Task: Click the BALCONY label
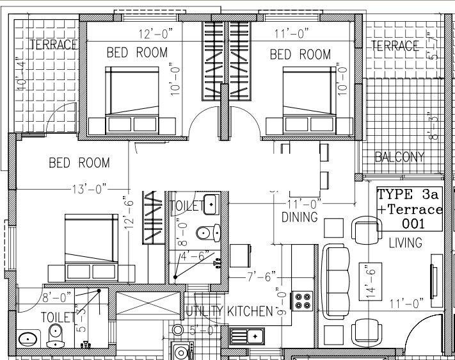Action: (399, 157)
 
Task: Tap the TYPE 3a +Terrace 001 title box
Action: (410, 209)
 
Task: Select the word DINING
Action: (299, 217)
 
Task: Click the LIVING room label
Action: (405, 243)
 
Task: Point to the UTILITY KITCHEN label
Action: (229, 312)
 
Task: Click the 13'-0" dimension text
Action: (86, 189)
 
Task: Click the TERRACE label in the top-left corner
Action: (53, 45)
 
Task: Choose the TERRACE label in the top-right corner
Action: (395, 46)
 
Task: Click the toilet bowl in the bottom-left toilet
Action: (55, 335)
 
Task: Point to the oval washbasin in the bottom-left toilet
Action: (27, 338)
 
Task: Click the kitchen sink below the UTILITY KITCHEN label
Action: (248, 335)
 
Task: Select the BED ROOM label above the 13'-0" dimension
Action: (79, 163)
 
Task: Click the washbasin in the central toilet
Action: (211, 204)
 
